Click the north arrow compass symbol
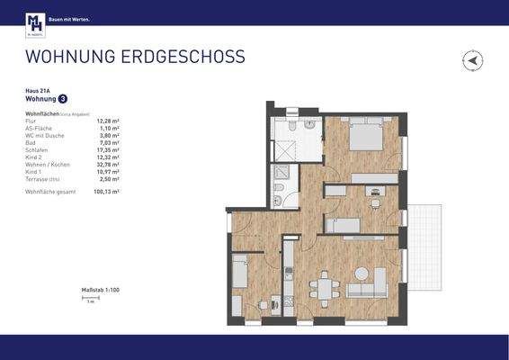(473, 61)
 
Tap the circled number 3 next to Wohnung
(62, 100)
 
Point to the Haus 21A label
(37, 91)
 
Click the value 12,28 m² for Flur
(108, 121)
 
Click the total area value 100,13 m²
(106, 192)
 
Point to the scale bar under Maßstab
(89, 298)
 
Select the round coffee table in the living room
(362, 273)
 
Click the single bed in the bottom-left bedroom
(239, 269)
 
